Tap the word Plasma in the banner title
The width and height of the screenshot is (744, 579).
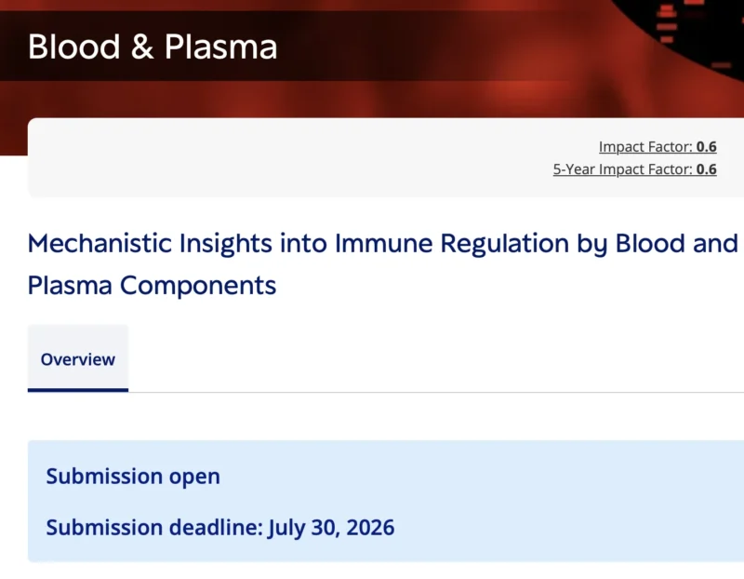[x=220, y=46]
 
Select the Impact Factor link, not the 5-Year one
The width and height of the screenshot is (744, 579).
[x=646, y=147]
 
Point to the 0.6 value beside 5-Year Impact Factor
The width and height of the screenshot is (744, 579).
[x=707, y=169]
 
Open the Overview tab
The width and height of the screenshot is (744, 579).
[x=78, y=359]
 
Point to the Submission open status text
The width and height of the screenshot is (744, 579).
[x=133, y=477]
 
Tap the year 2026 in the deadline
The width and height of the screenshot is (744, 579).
[x=369, y=528]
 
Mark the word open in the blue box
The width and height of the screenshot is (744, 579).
[x=194, y=477]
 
